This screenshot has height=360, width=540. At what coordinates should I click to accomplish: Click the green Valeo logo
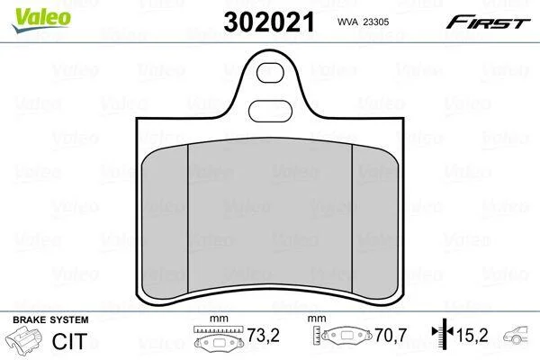point(41,19)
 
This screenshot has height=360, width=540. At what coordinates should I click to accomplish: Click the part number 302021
point(269,22)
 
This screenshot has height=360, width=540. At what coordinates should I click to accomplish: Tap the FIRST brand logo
point(488,22)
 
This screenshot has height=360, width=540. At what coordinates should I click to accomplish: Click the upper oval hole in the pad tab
point(270,73)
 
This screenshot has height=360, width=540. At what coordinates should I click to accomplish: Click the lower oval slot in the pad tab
point(270,111)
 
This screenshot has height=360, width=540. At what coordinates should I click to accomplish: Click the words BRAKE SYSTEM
point(50,320)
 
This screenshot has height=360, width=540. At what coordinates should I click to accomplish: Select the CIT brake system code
point(69,341)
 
